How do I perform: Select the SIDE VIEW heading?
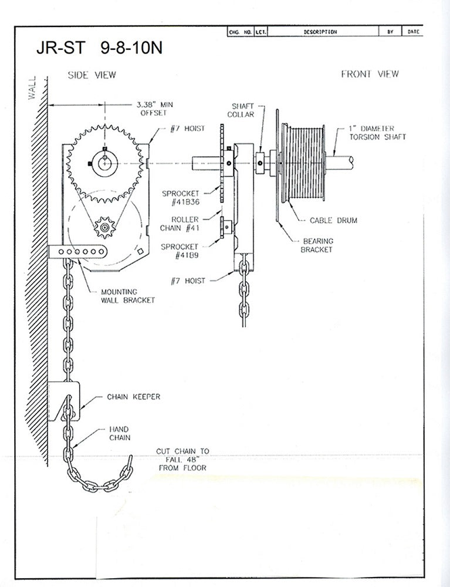pyautogui.click(x=92, y=75)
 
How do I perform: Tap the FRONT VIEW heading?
pyautogui.click(x=370, y=74)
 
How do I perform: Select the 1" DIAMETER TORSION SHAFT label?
pyautogui.click(x=375, y=132)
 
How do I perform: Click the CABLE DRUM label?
pyautogui.click(x=333, y=221)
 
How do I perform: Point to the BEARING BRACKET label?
pyautogui.click(x=317, y=245)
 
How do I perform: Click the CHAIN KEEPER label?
pyautogui.click(x=133, y=397)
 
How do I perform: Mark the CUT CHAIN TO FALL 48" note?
pyautogui.click(x=182, y=459)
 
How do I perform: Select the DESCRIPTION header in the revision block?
pyautogui.click(x=320, y=32)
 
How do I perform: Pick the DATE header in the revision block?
pyautogui.click(x=413, y=32)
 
